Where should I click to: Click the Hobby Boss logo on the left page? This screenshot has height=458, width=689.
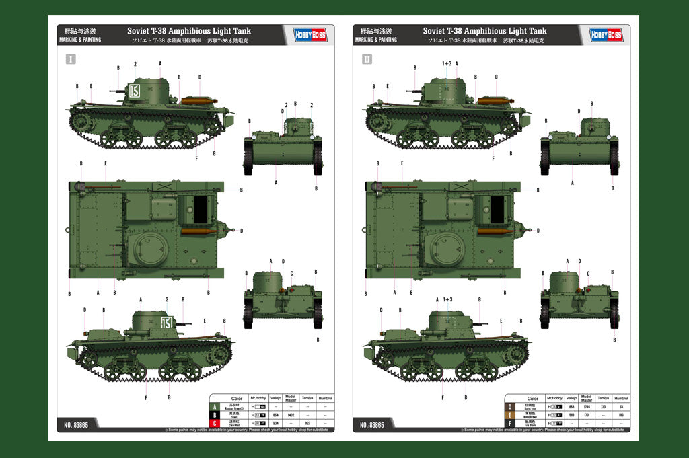click(x=310, y=35)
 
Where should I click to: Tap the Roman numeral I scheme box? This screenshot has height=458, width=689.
click(x=71, y=59)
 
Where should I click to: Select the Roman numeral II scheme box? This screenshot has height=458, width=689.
click(x=367, y=59)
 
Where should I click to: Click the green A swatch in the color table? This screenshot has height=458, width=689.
click(x=215, y=407)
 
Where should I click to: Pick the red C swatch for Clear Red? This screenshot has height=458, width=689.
click(x=215, y=423)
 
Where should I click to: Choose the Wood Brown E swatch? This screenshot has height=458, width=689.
click(x=511, y=415)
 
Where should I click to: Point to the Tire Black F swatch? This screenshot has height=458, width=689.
click(x=511, y=423)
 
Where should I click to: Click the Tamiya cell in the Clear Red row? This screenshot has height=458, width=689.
click(x=307, y=423)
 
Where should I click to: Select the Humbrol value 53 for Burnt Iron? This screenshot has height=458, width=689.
click(x=620, y=407)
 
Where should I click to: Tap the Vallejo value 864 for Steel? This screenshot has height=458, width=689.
click(x=275, y=415)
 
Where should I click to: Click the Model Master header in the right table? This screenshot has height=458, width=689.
click(x=587, y=399)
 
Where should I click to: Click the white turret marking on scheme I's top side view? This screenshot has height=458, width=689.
click(x=134, y=92)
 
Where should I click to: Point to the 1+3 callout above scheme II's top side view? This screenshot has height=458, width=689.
click(x=447, y=63)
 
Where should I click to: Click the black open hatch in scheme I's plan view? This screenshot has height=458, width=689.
click(x=201, y=209)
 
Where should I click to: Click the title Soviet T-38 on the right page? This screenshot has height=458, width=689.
click(x=484, y=31)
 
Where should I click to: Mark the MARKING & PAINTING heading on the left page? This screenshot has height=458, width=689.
click(x=80, y=40)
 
